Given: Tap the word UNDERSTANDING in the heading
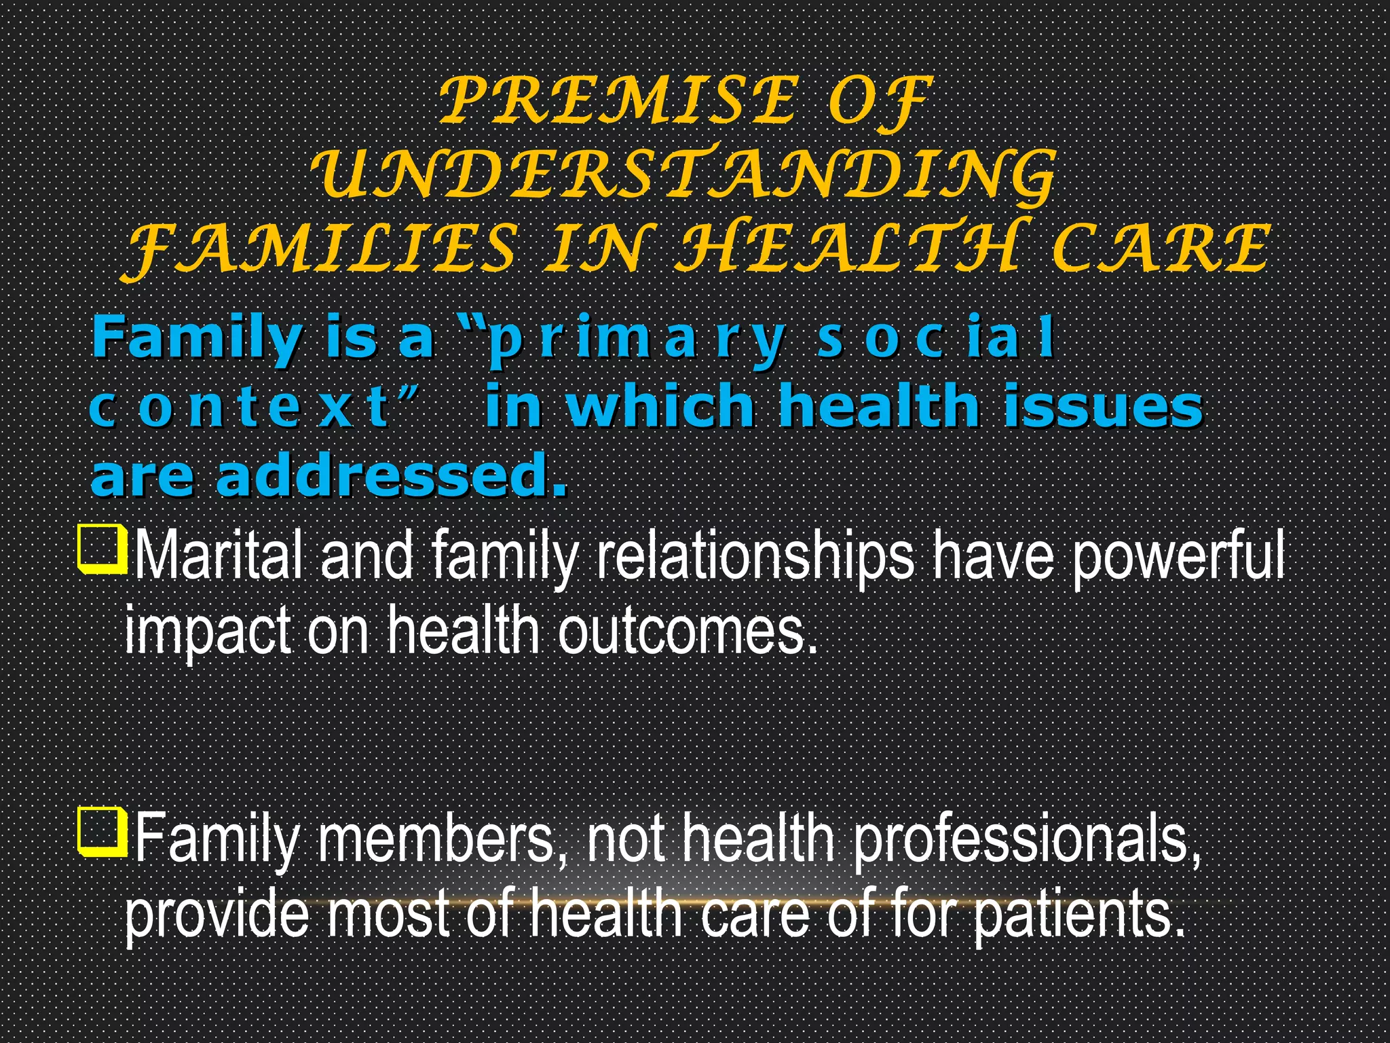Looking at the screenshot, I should [684, 175].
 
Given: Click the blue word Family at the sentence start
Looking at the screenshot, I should [197, 338].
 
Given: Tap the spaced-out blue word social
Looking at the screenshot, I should [937, 338].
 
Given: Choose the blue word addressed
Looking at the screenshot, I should [390, 477].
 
